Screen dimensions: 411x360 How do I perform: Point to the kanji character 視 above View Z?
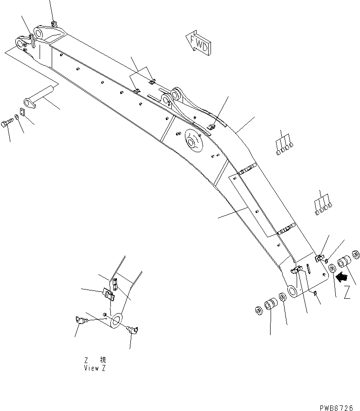(x=102, y=360)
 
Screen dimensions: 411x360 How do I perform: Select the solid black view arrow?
(x=341, y=277)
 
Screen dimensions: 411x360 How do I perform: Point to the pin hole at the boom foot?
(x=292, y=292)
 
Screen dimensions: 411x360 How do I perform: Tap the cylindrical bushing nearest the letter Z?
(x=345, y=262)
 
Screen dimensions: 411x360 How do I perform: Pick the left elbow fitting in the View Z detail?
(x=81, y=320)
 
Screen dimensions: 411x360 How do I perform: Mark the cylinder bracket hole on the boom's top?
(x=176, y=97)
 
